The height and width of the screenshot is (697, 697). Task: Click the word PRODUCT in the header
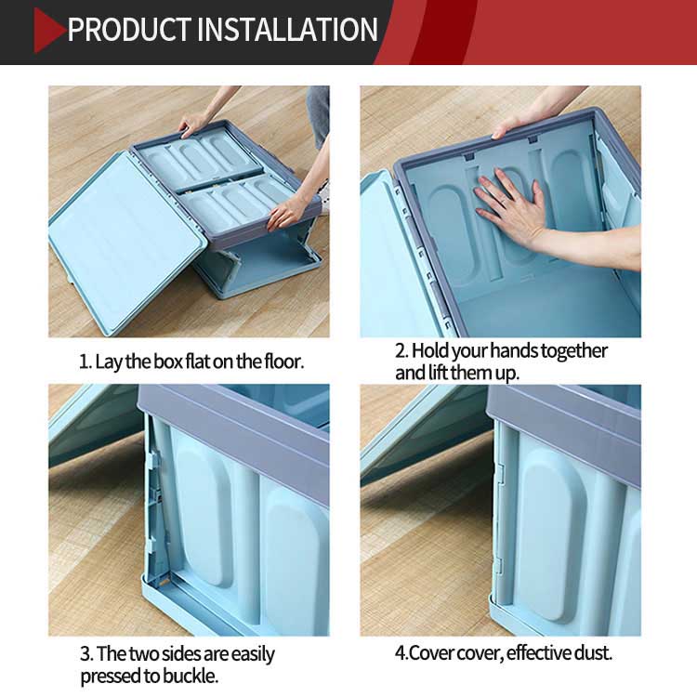(129, 30)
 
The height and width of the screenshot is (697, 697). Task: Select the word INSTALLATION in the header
(287, 30)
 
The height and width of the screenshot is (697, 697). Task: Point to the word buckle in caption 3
(191, 677)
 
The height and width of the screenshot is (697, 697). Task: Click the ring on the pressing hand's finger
(503, 202)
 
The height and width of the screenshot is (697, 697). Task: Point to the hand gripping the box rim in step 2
(511, 125)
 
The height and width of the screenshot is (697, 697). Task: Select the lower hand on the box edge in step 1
(285, 214)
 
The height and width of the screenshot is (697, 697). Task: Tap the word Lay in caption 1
(109, 362)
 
